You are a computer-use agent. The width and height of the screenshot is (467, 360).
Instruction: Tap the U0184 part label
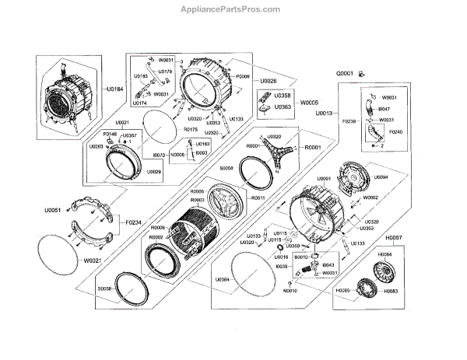click(x=114, y=89)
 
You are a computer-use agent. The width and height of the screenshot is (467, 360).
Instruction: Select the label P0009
click(x=242, y=77)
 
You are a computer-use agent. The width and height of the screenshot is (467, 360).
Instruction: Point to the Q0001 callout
click(x=346, y=73)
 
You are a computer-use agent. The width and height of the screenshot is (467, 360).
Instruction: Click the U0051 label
click(x=52, y=209)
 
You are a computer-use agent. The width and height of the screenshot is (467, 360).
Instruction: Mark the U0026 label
click(x=268, y=80)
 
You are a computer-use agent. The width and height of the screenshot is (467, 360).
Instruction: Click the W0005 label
click(x=310, y=102)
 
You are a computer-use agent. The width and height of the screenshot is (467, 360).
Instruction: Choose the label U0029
click(x=153, y=171)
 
